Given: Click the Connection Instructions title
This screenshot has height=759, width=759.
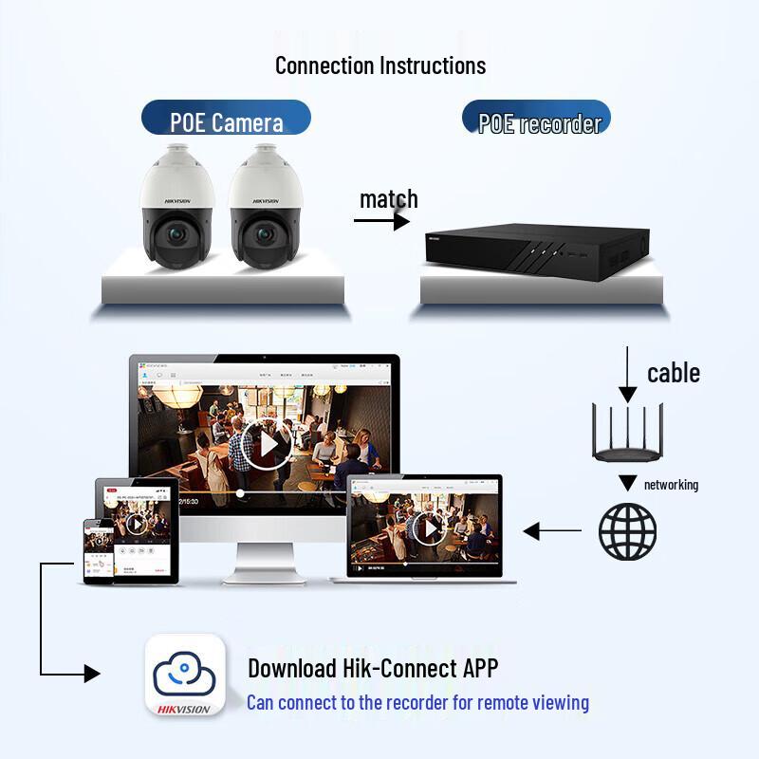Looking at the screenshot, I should pos(380,65).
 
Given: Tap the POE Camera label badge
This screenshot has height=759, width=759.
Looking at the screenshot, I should pos(226,121).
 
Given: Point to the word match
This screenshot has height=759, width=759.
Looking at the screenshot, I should pos(388,199).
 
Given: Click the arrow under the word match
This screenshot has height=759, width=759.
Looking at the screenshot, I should pos(381,221).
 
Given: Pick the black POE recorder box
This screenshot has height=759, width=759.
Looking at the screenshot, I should pos(536,251).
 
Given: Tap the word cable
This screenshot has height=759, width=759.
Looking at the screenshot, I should pos(674,373).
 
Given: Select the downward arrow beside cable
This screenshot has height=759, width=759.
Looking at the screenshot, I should pos(627,374).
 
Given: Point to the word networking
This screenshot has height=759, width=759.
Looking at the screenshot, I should pos(671,485).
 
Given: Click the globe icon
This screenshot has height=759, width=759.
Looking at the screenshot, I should pos(627,530).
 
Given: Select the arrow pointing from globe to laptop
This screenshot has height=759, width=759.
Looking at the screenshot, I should pos(553,531).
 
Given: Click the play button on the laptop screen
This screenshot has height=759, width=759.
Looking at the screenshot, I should pos(430,528).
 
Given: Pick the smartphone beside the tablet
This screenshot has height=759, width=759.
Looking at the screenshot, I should pos(99,550).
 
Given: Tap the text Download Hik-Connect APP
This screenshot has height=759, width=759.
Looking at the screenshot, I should pos(373,668).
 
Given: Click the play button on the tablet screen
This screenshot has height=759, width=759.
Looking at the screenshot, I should pos(138,524).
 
